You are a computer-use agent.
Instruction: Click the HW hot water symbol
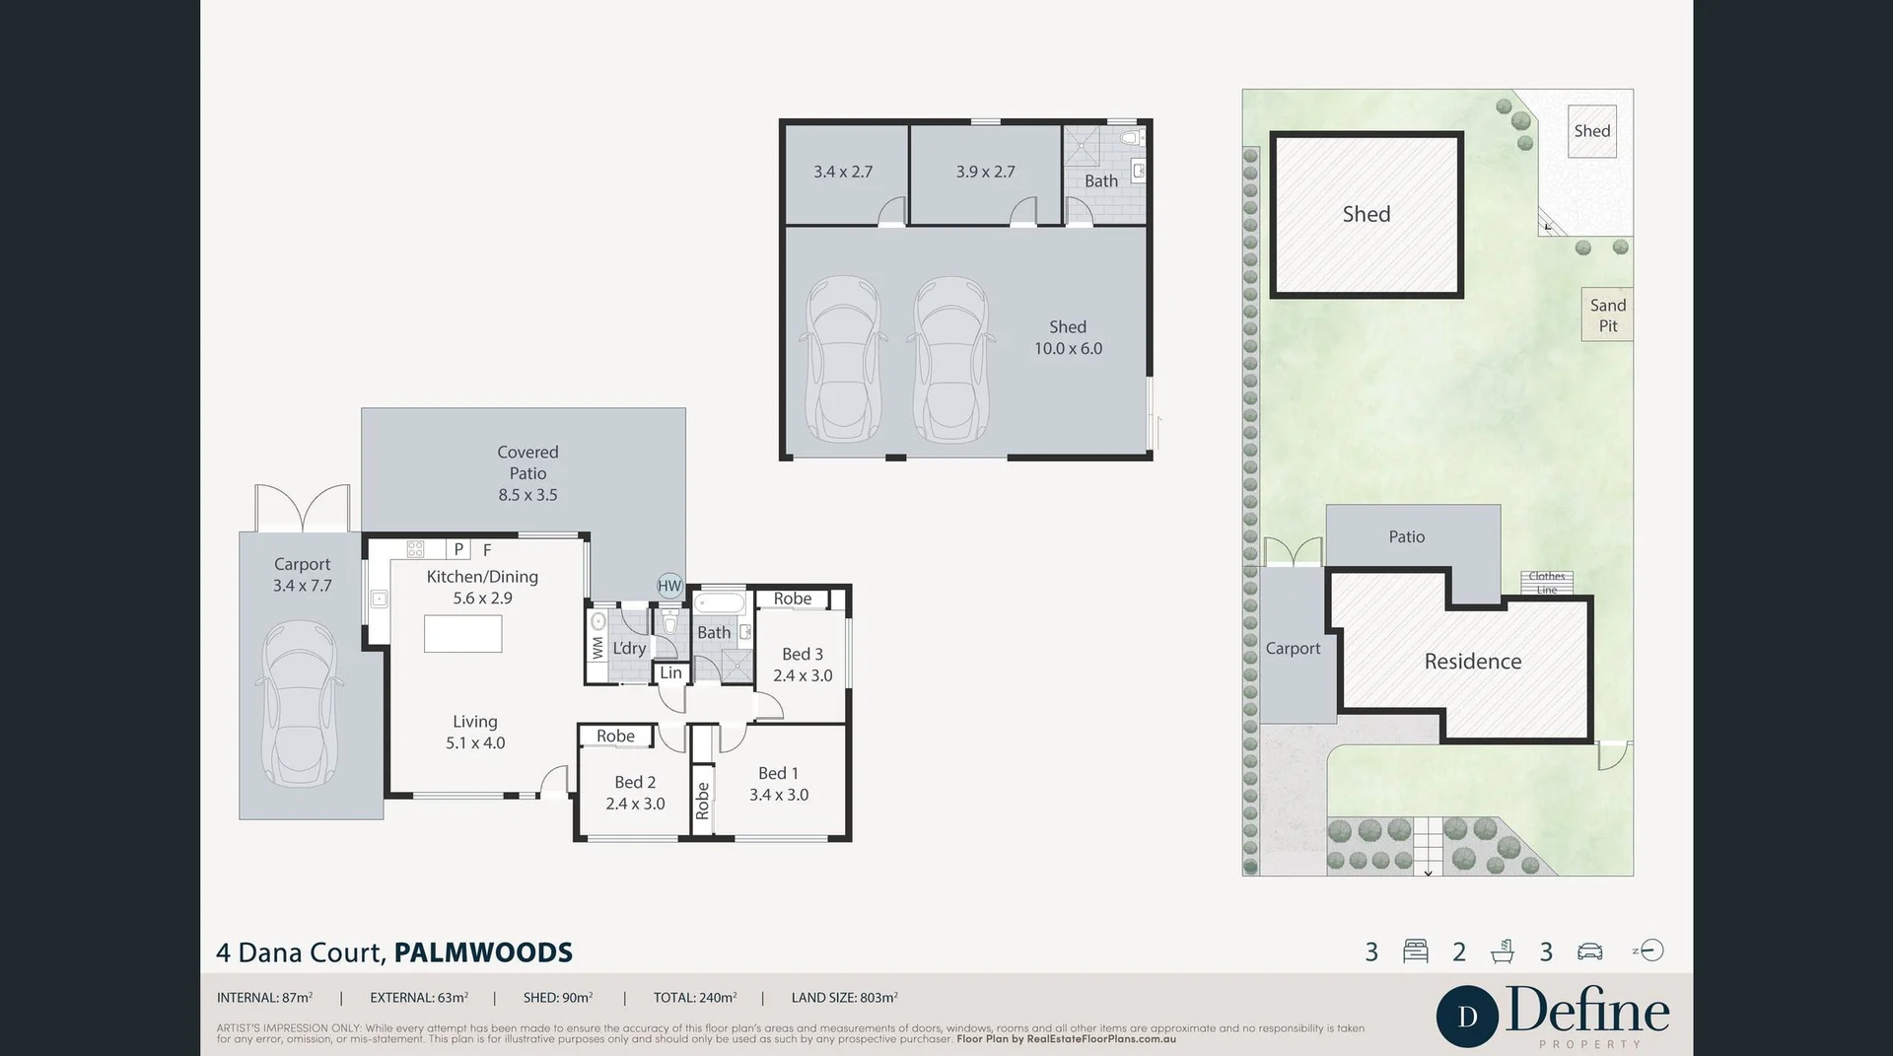pos(669,586)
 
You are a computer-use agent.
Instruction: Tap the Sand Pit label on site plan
pos(1607,316)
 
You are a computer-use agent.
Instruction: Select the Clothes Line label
pos(1546,583)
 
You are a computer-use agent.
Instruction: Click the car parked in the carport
pos(300,703)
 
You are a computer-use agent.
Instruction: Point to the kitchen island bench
pos(462,633)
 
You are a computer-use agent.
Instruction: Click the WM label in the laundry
pos(597,648)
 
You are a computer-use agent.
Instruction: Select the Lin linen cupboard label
pos(670,672)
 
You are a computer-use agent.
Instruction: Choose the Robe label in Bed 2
pos(615,736)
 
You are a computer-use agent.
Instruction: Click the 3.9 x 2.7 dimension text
pos(985,172)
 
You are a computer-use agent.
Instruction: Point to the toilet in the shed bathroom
pos(1132,137)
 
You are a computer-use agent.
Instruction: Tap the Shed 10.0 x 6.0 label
pos(1068,337)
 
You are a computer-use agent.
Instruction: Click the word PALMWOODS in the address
pos(483,952)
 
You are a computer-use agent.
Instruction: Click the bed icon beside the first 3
pos(1415,950)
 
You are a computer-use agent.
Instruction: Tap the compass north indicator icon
pos(1650,950)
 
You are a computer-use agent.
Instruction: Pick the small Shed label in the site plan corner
pos(1591,131)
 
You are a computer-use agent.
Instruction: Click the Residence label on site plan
pos(1472,662)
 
